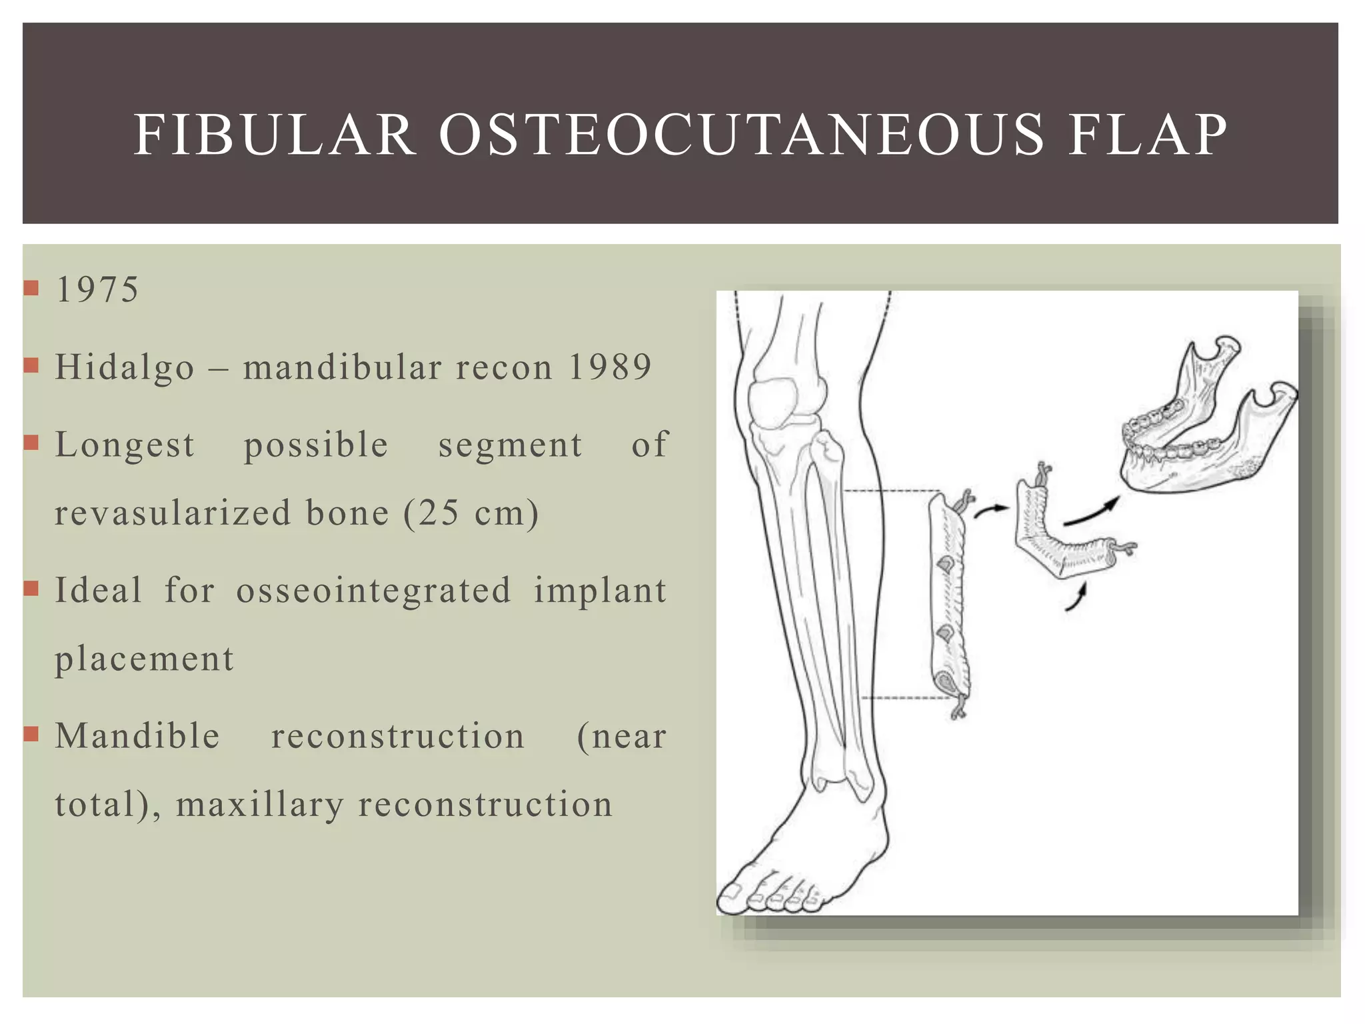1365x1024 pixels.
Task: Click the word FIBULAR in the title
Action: click(275, 135)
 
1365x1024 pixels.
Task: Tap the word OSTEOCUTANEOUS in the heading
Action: click(741, 135)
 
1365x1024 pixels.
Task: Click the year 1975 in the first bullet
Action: click(97, 290)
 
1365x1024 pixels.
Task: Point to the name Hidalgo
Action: click(125, 368)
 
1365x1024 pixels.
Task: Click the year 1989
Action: click(609, 367)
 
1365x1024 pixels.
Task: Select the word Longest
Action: click(125, 445)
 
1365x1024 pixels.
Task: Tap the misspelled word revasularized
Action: click(173, 514)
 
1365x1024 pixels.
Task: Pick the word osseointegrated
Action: click(373, 591)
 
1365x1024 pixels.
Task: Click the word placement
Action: click(144, 659)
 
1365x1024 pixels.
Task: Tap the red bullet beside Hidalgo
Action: click(31, 365)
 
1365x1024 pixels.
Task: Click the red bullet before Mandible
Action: click(31, 734)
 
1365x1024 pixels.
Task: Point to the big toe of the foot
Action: click(733, 897)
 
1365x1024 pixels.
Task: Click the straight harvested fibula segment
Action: click(950, 607)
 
